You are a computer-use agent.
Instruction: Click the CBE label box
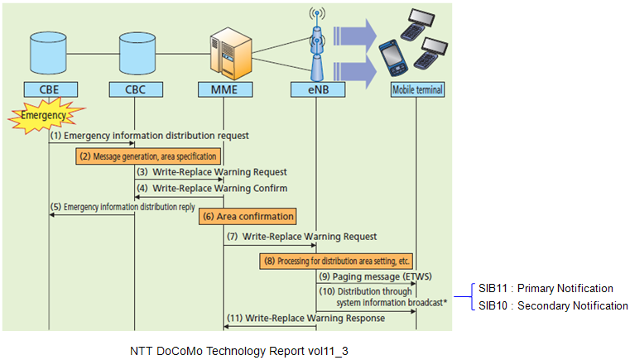click(50, 89)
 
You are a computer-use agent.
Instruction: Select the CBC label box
click(136, 89)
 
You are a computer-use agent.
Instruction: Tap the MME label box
click(225, 89)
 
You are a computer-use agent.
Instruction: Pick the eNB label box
click(318, 89)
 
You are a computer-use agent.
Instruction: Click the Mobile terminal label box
click(418, 89)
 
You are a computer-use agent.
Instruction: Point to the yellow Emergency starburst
click(45, 116)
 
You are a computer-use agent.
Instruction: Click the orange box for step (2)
click(148, 156)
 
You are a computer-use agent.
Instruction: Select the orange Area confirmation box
click(248, 217)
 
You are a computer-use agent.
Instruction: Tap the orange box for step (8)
click(336, 262)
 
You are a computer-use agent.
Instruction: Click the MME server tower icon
click(231, 54)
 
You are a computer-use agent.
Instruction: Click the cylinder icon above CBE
click(48, 53)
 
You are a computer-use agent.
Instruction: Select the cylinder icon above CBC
click(137, 53)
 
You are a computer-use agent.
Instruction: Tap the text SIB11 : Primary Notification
click(546, 289)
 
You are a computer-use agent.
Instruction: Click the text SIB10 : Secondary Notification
click(553, 305)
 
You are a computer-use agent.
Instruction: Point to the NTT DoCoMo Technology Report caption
click(239, 351)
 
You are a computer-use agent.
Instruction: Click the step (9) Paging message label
click(375, 277)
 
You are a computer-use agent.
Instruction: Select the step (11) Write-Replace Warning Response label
click(305, 319)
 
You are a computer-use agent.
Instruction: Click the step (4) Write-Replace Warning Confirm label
click(212, 189)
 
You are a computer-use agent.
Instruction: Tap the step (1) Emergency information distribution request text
click(149, 136)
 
